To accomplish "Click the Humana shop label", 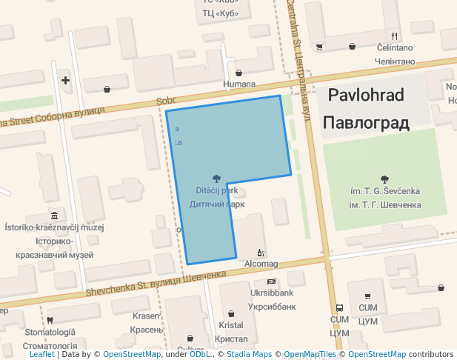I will pyautogui.click(x=239, y=84).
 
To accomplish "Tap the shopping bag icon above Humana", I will pyautogui.click(x=239, y=73).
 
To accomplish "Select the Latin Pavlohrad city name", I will pyautogui.click(x=365, y=96).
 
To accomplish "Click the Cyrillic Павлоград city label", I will pyautogui.click(x=366, y=122).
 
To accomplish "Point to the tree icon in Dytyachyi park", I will pyautogui.click(x=216, y=178).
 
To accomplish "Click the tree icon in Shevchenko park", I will pyautogui.click(x=384, y=179).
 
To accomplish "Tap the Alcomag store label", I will pyautogui.click(x=261, y=264).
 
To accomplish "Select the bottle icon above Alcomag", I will pyautogui.click(x=260, y=253).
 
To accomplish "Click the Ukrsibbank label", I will pyautogui.click(x=272, y=293).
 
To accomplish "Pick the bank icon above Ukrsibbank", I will pyautogui.click(x=271, y=281).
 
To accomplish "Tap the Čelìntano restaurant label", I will pyautogui.click(x=394, y=48).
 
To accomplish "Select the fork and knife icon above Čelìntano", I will pyautogui.click(x=395, y=36).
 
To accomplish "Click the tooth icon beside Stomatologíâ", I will pyautogui.click(x=50, y=320).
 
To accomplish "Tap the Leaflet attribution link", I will pyautogui.click(x=41, y=354).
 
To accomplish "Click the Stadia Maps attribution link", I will pyautogui.click(x=248, y=354).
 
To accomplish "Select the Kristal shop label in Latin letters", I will pyautogui.click(x=231, y=325).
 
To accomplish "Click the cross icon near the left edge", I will pyautogui.click(x=66, y=80).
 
